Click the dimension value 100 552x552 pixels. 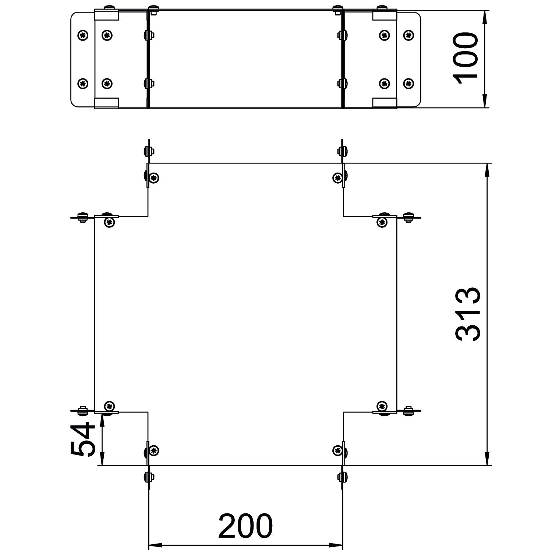(x=466, y=58)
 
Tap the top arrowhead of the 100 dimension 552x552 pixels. (x=484, y=17)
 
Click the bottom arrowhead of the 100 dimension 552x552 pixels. (x=484, y=101)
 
